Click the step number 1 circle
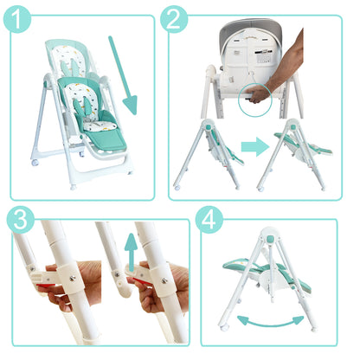coord(17,19)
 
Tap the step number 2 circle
coord(174,19)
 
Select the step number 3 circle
coord(21,220)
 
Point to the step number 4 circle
coord(209,220)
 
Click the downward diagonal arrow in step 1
coord(123,75)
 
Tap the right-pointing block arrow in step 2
coord(255,147)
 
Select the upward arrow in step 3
coord(131,252)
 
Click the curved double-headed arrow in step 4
coord(270,322)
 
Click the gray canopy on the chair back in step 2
coord(250,32)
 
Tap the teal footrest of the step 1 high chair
coord(106,139)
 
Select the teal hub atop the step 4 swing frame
coord(270,239)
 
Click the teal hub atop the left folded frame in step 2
coord(208,126)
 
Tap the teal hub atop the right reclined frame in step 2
coord(292,127)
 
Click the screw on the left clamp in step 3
coord(72,278)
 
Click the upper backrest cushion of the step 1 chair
coord(69,61)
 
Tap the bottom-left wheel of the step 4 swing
coord(223,328)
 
